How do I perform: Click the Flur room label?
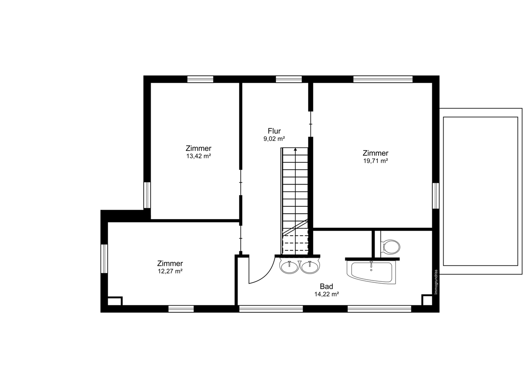click(274, 131)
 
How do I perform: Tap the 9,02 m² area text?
click(274, 139)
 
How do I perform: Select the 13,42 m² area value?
click(199, 156)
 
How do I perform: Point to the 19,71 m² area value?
click(376, 161)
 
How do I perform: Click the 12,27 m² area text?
click(170, 271)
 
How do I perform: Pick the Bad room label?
click(326, 286)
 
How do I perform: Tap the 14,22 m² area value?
click(327, 294)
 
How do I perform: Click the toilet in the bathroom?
click(390, 247)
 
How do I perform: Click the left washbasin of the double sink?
click(290, 267)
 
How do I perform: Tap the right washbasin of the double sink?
click(310, 267)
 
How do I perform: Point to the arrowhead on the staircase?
click(296, 149)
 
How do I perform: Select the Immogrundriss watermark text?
click(436, 282)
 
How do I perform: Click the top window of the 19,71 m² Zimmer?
click(383, 79)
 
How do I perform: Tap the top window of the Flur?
click(289, 79)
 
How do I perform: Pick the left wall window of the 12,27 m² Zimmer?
click(104, 258)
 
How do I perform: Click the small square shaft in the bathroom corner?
click(427, 300)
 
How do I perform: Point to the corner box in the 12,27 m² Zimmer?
click(115, 301)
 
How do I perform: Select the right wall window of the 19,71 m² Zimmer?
click(436, 195)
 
